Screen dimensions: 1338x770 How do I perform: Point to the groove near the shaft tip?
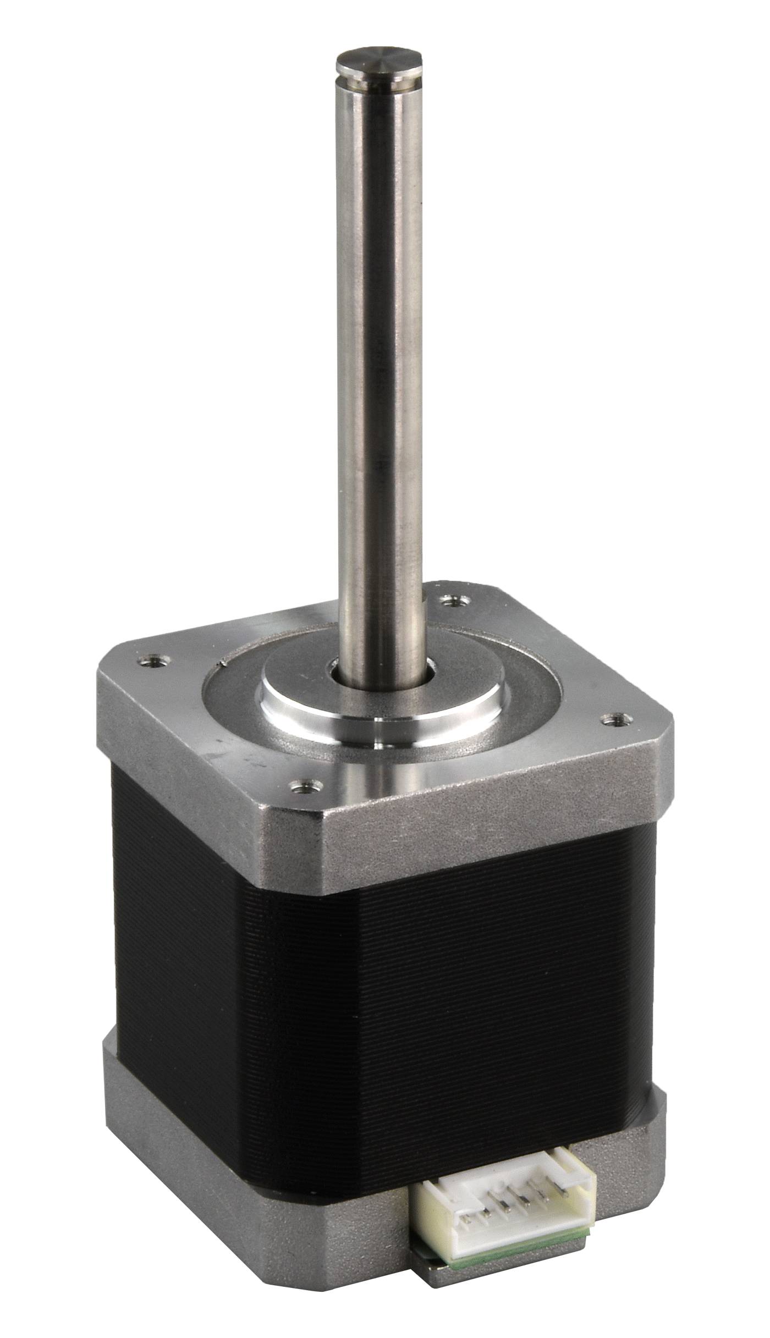(x=380, y=81)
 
